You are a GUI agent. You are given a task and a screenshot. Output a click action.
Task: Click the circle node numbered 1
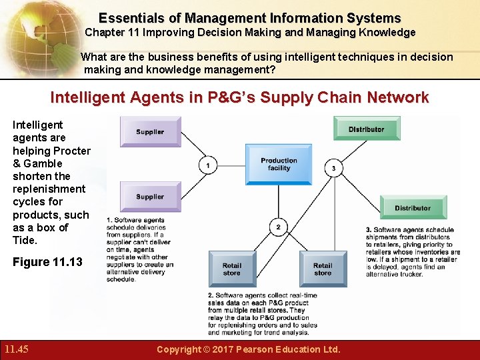click(x=208, y=165)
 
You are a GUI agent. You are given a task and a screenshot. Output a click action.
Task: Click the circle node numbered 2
click(x=279, y=227)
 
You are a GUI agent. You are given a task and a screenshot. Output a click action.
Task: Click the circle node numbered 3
click(x=333, y=168)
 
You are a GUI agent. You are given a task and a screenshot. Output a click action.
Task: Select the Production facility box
click(x=279, y=164)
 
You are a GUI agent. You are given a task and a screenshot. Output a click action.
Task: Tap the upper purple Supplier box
click(x=150, y=131)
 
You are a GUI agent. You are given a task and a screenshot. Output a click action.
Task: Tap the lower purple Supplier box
click(x=150, y=197)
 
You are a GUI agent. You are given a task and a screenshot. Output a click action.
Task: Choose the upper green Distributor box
click(x=366, y=129)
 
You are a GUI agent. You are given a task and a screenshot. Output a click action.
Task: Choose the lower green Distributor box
click(x=413, y=207)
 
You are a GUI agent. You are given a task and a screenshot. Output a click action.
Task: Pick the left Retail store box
click(x=232, y=269)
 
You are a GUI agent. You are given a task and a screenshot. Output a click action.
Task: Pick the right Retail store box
click(x=323, y=269)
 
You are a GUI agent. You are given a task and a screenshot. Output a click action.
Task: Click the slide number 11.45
click(x=16, y=349)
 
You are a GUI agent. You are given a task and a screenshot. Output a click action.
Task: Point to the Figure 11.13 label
click(x=47, y=262)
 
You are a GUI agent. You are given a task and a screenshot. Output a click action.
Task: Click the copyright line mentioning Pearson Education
click(x=248, y=349)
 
